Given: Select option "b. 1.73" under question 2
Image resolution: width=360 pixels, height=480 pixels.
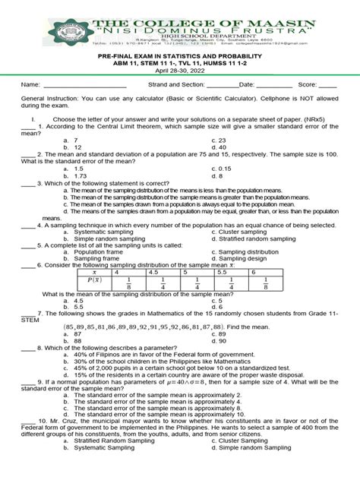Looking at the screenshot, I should click(77, 175).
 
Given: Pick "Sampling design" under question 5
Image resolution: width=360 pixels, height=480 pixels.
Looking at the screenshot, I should click(246, 258).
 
